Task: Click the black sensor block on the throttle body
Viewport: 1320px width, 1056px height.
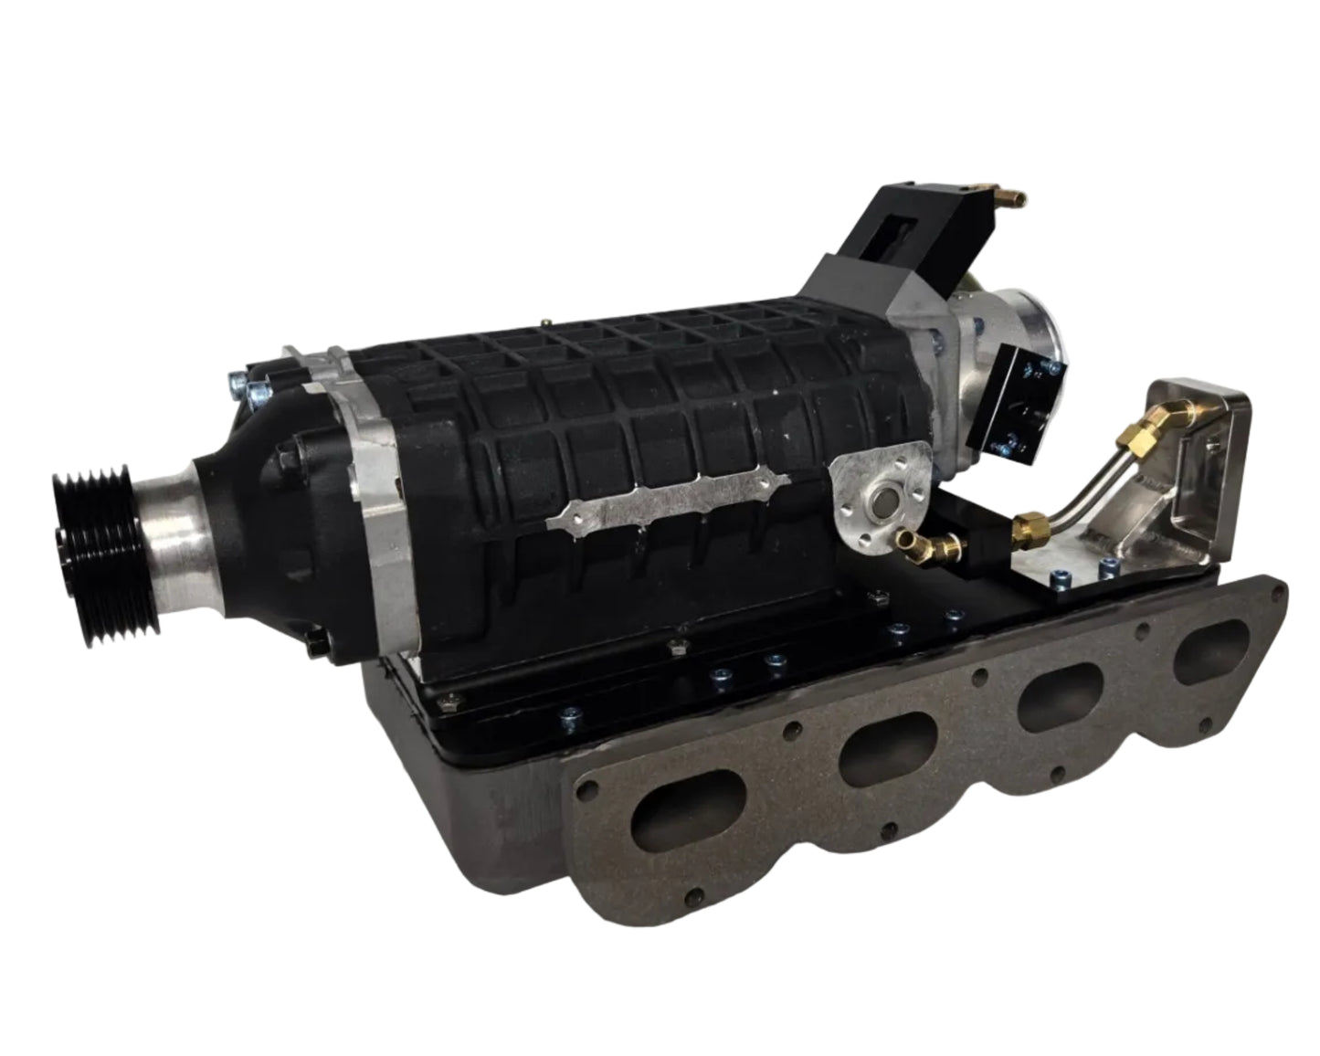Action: (x=1023, y=402)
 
